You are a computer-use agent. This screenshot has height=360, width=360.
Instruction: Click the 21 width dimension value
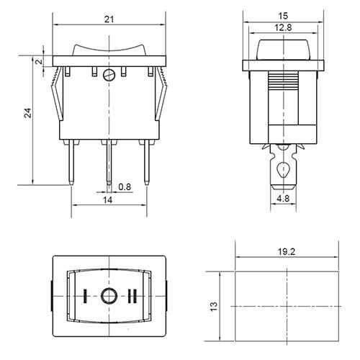[x=109, y=19]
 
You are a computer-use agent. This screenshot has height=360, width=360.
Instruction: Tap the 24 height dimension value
[x=28, y=113]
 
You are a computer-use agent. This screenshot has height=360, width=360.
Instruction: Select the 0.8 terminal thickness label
[x=125, y=186]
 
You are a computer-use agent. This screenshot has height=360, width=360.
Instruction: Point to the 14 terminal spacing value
[x=107, y=199]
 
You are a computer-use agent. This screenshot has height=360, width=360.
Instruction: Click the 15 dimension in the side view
[x=283, y=16]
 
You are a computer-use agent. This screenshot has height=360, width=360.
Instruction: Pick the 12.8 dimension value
[x=283, y=27]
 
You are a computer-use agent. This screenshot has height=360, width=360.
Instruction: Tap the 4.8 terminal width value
[x=283, y=199]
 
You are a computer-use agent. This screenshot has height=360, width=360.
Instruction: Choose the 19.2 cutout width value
[x=287, y=252]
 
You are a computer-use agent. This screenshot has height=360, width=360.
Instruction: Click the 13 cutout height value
[x=214, y=306]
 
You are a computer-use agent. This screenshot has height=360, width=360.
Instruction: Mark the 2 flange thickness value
[x=39, y=61]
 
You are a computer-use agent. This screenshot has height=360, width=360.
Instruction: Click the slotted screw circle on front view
[x=109, y=75]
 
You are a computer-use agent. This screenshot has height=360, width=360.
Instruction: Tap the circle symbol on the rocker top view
[x=109, y=296]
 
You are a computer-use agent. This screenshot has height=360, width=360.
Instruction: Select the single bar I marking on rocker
[x=84, y=296]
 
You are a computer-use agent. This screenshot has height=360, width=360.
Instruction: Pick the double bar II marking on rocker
[x=132, y=296]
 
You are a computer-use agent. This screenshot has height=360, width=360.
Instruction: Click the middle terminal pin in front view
[x=109, y=163]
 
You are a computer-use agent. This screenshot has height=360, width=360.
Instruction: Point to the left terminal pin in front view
[x=71, y=163]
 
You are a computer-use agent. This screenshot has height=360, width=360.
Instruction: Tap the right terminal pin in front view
[x=146, y=163]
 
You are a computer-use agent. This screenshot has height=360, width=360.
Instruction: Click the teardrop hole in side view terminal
[x=283, y=170]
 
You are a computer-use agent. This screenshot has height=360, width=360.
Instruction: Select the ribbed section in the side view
[x=283, y=80]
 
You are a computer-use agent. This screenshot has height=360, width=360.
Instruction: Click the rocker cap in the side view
[x=283, y=50]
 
